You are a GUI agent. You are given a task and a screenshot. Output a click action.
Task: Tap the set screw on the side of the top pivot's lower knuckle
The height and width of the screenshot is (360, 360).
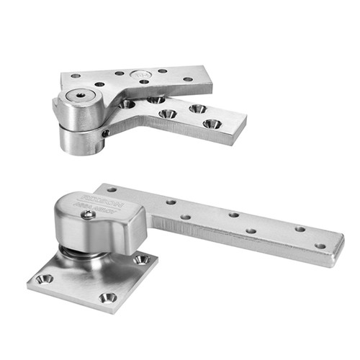click(x=105, y=133)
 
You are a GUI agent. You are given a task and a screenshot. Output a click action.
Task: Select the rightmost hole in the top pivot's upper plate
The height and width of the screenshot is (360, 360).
click(x=188, y=79)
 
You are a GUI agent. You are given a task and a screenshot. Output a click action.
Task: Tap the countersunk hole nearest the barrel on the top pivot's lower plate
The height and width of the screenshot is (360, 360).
click(x=127, y=104)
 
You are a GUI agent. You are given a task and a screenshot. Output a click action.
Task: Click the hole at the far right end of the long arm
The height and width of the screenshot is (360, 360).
click(x=320, y=246)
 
